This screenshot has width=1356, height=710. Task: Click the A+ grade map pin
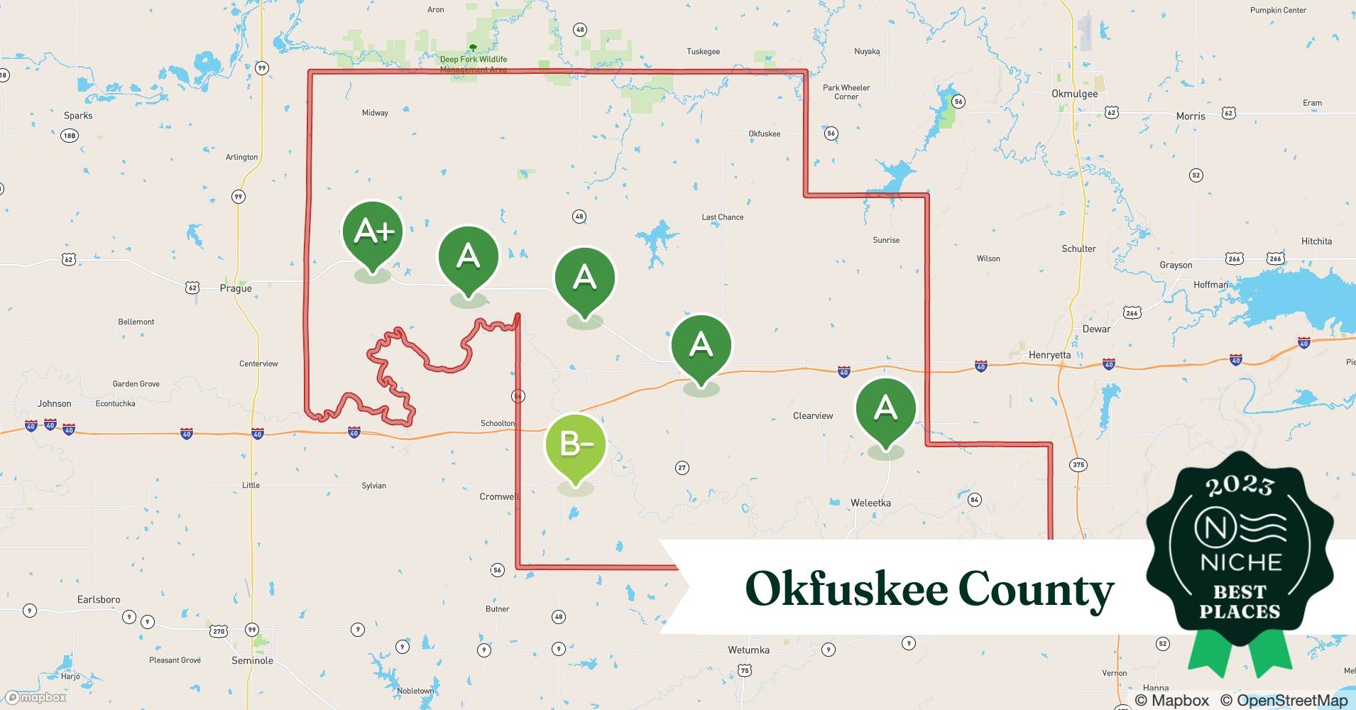372,232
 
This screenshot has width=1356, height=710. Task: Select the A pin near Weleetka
885,408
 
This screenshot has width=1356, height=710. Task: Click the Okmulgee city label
1074,94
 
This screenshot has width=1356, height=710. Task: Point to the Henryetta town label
1049,354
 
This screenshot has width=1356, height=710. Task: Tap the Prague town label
236,288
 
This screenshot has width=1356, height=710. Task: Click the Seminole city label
252,660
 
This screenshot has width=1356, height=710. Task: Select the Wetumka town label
748,650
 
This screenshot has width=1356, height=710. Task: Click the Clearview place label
813,415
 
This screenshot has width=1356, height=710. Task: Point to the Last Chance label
722,217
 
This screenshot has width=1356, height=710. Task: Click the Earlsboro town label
99,599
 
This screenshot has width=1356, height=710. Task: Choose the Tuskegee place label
703,51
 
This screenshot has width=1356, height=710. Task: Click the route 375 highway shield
1078,465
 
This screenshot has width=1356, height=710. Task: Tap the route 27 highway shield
682,467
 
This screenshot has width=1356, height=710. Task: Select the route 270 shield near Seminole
219,631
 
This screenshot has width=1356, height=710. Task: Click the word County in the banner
1036,589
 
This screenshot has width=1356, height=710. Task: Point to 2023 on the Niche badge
1240,486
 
